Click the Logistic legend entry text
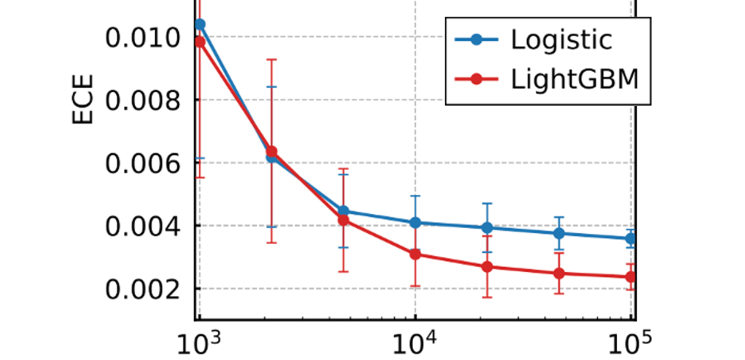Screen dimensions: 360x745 click(561, 40)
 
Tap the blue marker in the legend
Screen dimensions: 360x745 click(477, 40)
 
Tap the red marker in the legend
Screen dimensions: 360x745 click(477, 81)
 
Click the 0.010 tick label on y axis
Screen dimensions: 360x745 click(140, 39)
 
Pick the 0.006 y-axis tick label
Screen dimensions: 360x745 click(140, 163)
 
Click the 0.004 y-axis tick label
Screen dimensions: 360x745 click(140, 226)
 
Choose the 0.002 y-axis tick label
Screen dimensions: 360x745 click(140, 289)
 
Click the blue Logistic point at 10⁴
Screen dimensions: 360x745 click(415, 222)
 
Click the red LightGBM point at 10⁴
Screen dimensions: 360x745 click(415, 254)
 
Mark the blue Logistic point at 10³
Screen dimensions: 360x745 click(200, 24)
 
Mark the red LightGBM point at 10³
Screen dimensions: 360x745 click(199, 42)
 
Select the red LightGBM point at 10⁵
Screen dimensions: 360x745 click(631, 277)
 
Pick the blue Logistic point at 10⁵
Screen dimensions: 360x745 click(631, 238)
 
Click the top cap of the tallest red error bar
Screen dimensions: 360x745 click(272, 60)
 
